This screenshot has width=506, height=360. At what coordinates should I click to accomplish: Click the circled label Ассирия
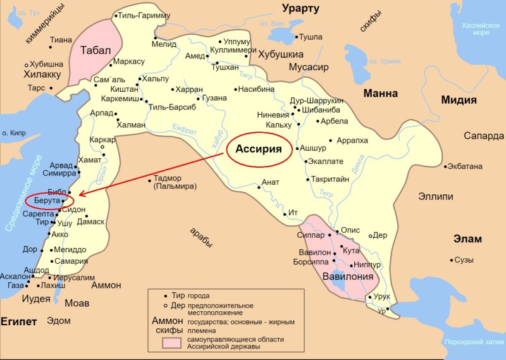[259, 150]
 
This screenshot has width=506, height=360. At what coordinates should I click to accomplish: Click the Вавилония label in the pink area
[346, 276]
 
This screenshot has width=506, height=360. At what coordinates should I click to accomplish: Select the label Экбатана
[465, 166]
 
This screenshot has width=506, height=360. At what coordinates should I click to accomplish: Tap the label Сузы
[465, 259]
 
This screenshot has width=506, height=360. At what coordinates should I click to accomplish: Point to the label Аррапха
[353, 140]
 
